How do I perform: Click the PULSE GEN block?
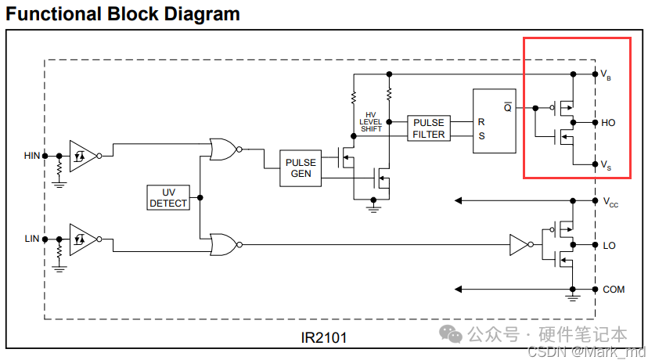301,167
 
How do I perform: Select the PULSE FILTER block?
428,128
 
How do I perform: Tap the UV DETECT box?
168,197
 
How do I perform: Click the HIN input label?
31,156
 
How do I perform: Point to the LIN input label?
31,237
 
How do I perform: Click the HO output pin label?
608,123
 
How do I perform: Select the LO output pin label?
609,245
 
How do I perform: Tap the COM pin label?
613,290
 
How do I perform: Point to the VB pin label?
605,75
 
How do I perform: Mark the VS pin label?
605,165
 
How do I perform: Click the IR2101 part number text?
323,338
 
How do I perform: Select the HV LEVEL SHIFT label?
371,121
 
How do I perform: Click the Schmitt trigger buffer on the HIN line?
81,156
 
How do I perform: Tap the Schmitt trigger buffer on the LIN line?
81,238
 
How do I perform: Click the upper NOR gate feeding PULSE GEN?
222,149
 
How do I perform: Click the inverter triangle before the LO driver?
518,245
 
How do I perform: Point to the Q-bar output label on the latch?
507,107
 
